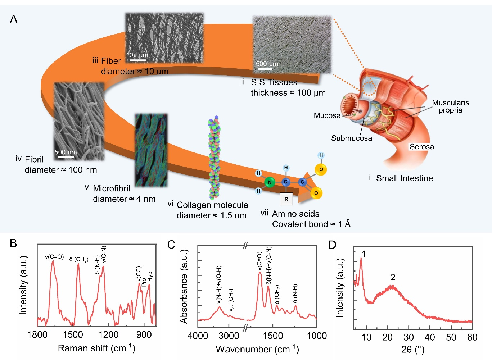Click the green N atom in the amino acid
(269, 182)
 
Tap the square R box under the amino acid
(286, 199)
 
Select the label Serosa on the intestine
(421, 147)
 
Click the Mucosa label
(327, 116)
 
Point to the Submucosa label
(351, 138)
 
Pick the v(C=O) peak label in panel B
(54, 256)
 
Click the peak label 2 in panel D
(393, 277)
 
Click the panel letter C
(171, 245)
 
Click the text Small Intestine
(404, 178)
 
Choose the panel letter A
(13, 19)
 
